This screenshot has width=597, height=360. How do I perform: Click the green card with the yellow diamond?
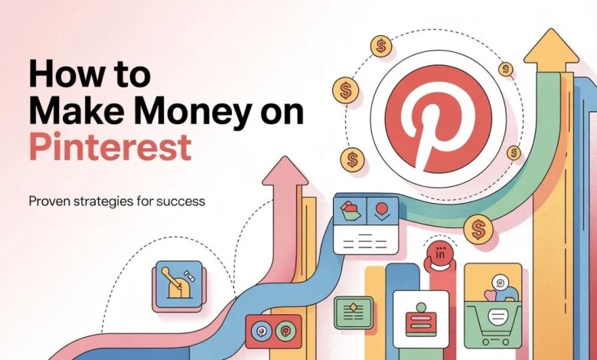tap(354, 312)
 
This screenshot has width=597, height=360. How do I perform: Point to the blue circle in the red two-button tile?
tap(260, 332)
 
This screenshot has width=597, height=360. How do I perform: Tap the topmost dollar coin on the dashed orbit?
tap(380, 47)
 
